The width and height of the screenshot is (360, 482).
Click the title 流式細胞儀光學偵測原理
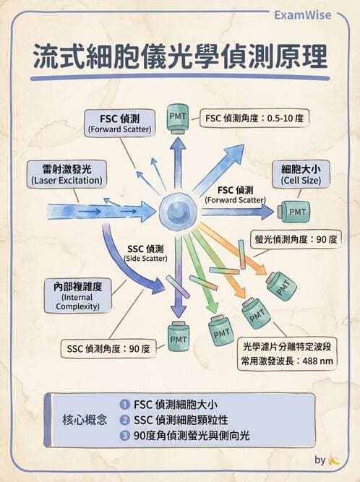click(180, 58)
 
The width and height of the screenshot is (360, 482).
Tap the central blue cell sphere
click(177, 211)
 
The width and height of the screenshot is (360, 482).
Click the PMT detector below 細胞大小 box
click(293, 212)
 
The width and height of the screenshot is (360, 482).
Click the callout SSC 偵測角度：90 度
click(108, 348)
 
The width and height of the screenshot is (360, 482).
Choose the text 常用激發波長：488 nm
click(287, 361)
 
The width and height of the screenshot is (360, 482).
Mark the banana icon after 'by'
click(334, 460)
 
